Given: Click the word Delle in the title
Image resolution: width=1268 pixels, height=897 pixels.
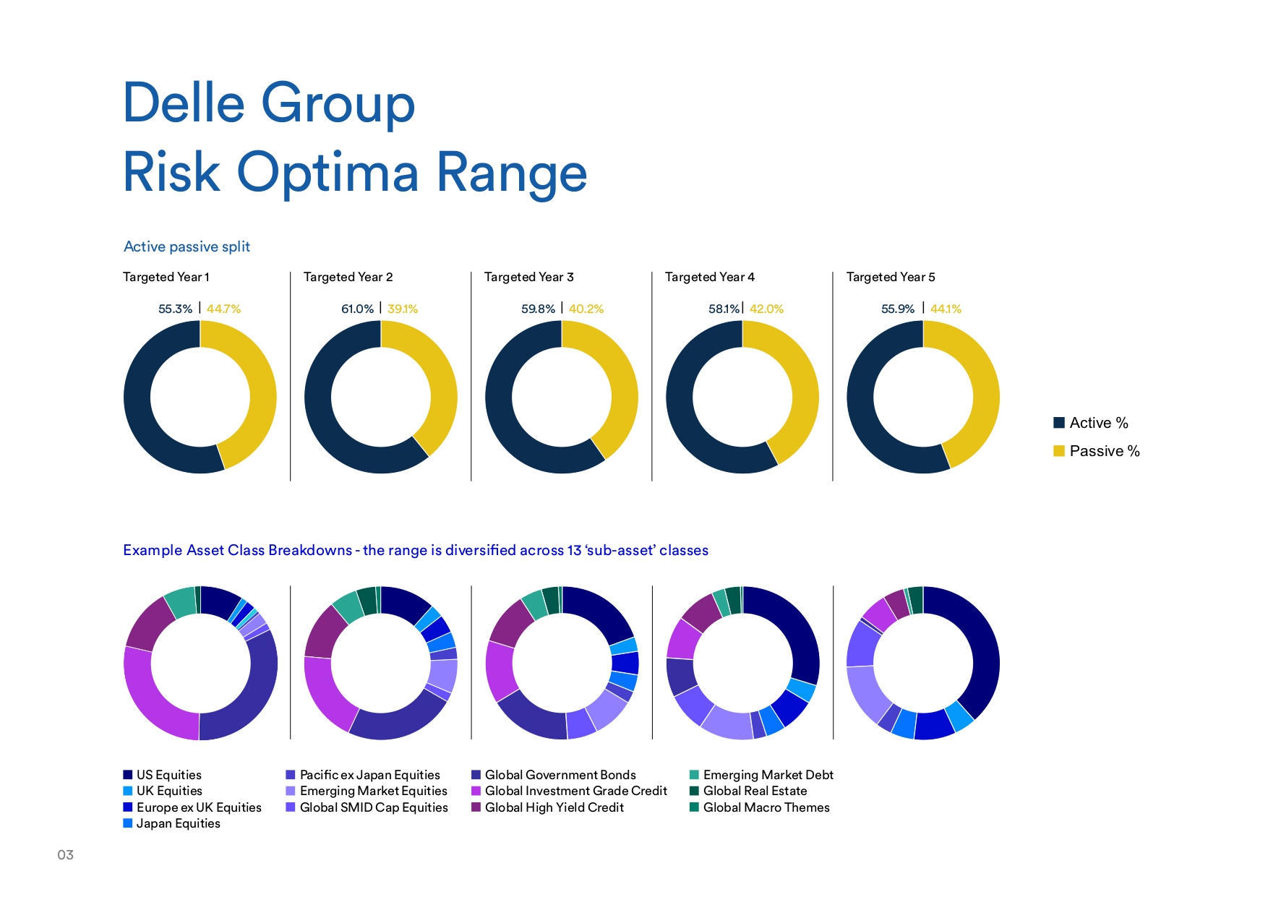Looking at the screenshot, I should [x=184, y=103].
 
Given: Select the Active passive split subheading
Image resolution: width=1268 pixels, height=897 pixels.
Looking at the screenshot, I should [x=187, y=246].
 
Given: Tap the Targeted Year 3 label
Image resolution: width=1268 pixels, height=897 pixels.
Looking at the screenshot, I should [x=528, y=277].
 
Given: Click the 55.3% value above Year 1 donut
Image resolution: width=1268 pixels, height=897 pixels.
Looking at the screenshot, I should [x=175, y=309].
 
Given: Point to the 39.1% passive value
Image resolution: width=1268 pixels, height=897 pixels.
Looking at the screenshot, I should [x=403, y=309].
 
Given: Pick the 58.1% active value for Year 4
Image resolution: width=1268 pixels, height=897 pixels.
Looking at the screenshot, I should [x=724, y=309].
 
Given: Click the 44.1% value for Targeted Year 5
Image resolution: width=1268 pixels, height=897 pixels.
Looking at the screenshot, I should [x=946, y=309].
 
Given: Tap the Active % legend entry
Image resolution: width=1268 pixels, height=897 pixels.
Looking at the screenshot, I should [x=1098, y=423].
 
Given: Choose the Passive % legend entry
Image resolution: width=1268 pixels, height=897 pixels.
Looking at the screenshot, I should [x=1104, y=451].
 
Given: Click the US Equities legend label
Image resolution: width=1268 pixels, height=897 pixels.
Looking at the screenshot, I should [x=168, y=775].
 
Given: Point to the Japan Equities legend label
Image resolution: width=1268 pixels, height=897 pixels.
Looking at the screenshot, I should [x=178, y=823].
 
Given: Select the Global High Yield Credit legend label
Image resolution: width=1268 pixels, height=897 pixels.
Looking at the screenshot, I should [x=554, y=807].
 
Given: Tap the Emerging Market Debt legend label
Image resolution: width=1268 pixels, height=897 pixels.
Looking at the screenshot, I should [x=768, y=775].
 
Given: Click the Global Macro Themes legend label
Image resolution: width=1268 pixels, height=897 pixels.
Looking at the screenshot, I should [x=766, y=807].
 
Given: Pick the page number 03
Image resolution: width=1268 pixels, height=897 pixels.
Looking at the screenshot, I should [x=66, y=855].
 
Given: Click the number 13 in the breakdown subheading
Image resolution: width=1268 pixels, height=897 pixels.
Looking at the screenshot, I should [x=574, y=550].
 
